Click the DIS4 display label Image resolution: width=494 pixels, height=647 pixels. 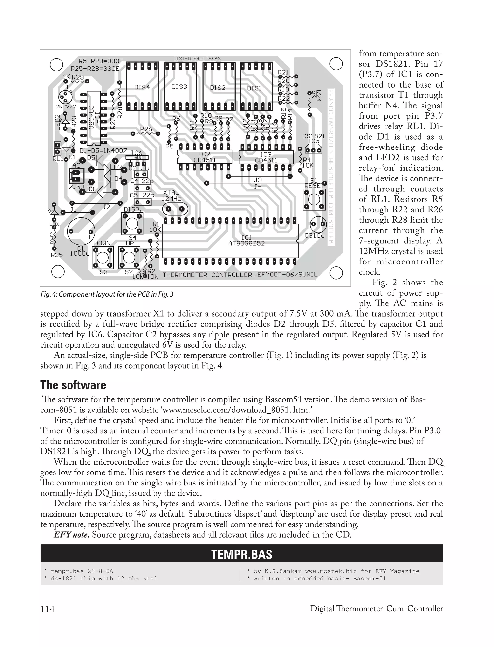142,87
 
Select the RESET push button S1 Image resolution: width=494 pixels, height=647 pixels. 314,200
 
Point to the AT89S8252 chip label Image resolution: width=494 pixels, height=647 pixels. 247,243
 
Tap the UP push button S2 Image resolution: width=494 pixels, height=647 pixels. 129,257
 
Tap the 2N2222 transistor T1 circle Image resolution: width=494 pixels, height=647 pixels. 65,96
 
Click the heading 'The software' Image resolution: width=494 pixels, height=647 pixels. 73,385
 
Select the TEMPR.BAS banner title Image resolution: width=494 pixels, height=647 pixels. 242,554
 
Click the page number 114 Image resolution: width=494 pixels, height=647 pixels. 47,608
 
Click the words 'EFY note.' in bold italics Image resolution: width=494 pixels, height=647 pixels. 71,534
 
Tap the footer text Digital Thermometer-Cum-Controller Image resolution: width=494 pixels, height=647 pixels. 376,608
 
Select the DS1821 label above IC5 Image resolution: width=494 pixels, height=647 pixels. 314,136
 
